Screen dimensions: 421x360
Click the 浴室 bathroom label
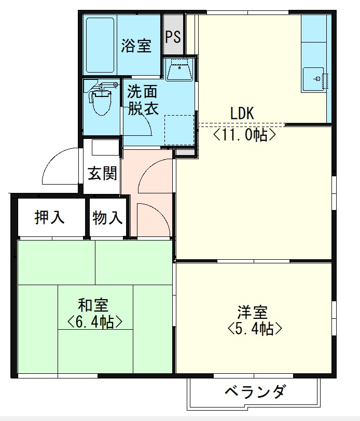[x=136, y=46]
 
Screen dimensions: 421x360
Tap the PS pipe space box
[x=173, y=37]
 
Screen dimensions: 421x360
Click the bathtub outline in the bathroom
[x=101, y=46]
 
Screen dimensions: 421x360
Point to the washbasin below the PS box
[x=179, y=68]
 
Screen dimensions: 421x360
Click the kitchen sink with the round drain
[x=314, y=79]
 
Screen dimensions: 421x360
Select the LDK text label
[x=242, y=113]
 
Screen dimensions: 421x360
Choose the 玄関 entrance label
[x=102, y=173]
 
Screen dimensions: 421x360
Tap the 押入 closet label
[x=50, y=218]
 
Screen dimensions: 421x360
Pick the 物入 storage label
[x=107, y=218]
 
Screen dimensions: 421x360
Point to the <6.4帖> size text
[x=94, y=322]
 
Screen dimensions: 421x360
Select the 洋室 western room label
[x=253, y=312]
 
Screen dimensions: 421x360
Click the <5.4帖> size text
[x=254, y=329]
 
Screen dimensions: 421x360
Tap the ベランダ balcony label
[x=254, y=392]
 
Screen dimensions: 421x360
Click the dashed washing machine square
[x=179, y=130]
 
